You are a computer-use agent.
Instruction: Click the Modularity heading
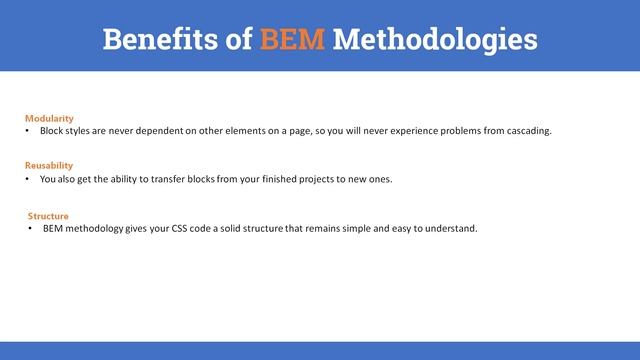(x=49, y=118)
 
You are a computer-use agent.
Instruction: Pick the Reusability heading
(x=49, y=165)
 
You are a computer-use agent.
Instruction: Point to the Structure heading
(x=48, y=215)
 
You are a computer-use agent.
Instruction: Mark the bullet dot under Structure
(x=30, y=228)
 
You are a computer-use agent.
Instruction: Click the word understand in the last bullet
(x=452, y=228)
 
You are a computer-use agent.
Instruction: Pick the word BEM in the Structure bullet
(x=55, y=228)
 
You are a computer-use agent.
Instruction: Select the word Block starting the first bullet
(x=52, y=131)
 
